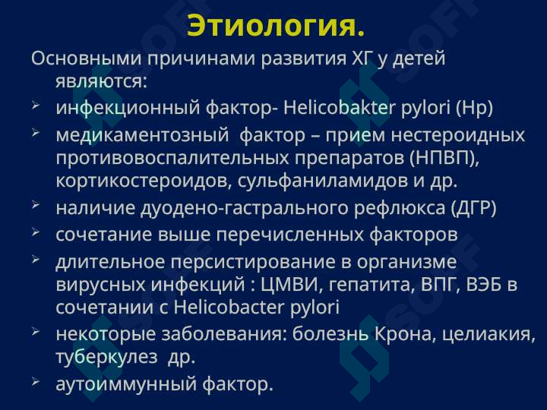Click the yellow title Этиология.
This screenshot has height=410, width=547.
[x=276, y=26]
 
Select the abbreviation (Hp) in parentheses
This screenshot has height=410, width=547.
[x=474, y=108]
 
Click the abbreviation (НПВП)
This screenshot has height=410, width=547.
[x=443, y=158]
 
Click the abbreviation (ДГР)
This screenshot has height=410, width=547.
[x=473, y=208]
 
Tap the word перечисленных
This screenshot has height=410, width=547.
[x=290, y=235]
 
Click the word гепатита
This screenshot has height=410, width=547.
[x=372, y=285]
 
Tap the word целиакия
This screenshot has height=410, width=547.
[x=489, y=335]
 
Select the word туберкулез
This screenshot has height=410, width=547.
[x=107, y=357]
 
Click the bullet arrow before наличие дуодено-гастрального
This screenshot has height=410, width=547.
[x=36, y=205]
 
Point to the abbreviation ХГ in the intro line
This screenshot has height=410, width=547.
[x=361, y=58]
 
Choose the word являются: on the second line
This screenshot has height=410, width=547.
[x=101, y=81]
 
